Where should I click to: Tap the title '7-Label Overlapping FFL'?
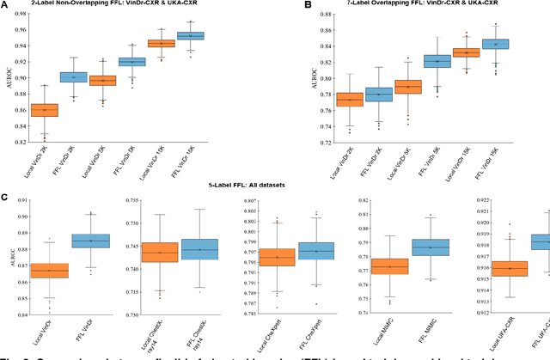click(416, 5)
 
